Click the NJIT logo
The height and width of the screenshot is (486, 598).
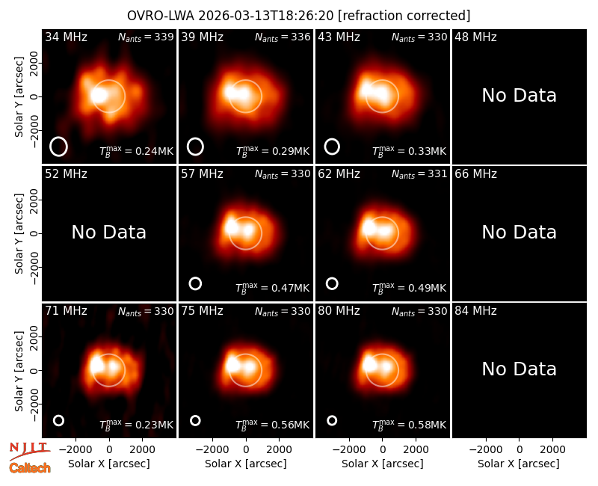pos(30,451)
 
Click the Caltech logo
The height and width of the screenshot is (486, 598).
pos(30,468)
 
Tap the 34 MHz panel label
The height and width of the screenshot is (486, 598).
pos(66,37)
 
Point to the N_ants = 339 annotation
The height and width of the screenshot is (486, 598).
pos(146,37)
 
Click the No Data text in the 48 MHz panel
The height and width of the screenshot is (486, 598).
pos(519,96)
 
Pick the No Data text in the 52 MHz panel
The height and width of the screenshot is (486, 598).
pos(108,233)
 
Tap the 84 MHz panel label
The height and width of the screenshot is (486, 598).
pos(475,311)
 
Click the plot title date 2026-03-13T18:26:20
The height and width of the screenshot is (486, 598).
pos(266,16)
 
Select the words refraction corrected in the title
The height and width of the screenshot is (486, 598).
pos(404,16)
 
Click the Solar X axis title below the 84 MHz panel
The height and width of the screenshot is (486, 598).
pos(519,464)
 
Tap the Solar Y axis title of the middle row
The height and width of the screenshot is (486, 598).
pos(19,233)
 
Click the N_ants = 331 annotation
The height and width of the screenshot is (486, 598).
pos(419,174)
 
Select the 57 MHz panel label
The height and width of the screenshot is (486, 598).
pos(202,174)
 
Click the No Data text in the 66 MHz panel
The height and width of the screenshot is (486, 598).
pos(519,233)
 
